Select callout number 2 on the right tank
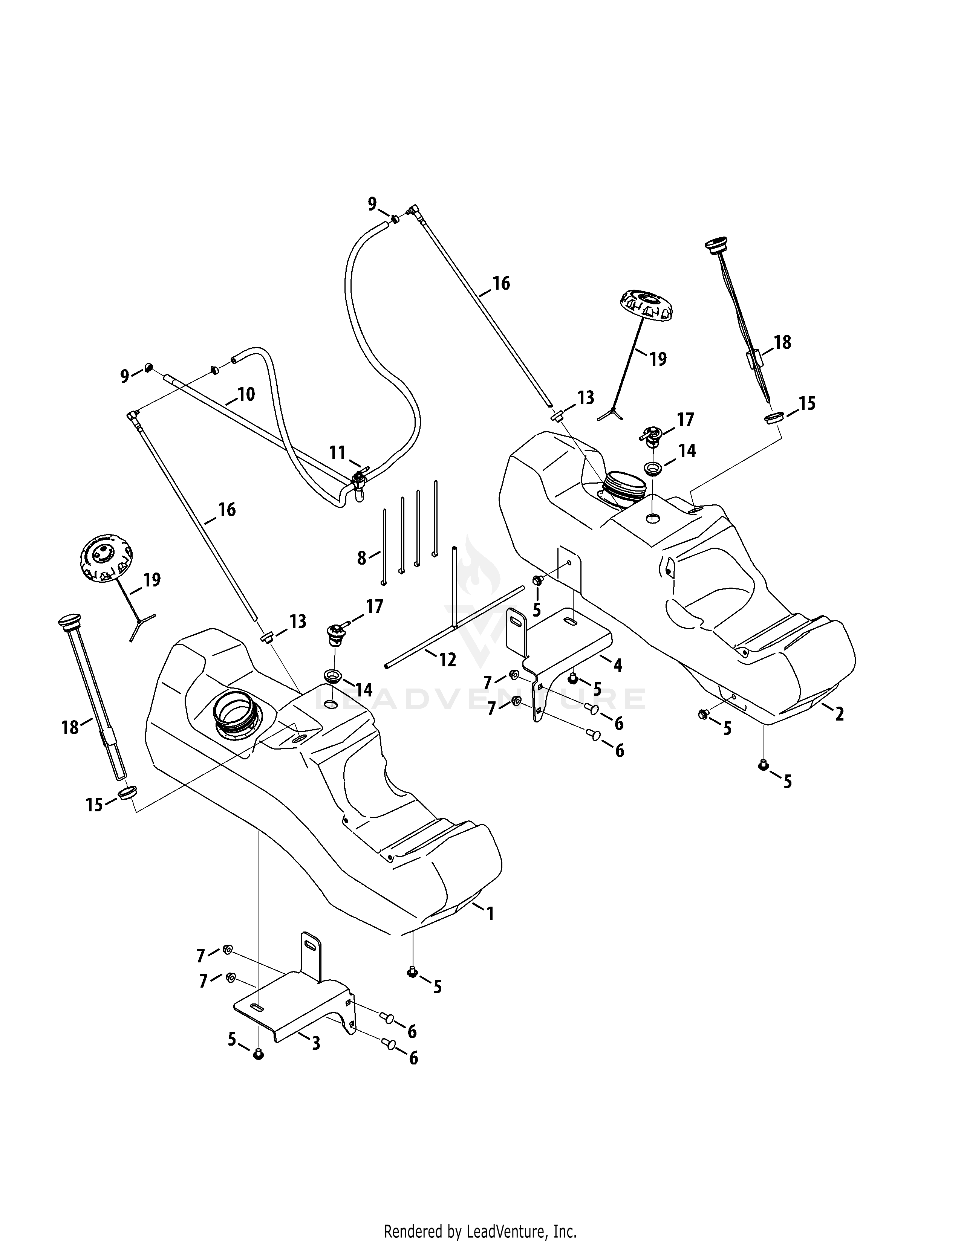[839, 714]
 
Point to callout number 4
[618, 665]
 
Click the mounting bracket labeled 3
[293, 1007]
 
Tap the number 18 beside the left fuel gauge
[70, 727]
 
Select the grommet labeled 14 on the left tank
[332, 676]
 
